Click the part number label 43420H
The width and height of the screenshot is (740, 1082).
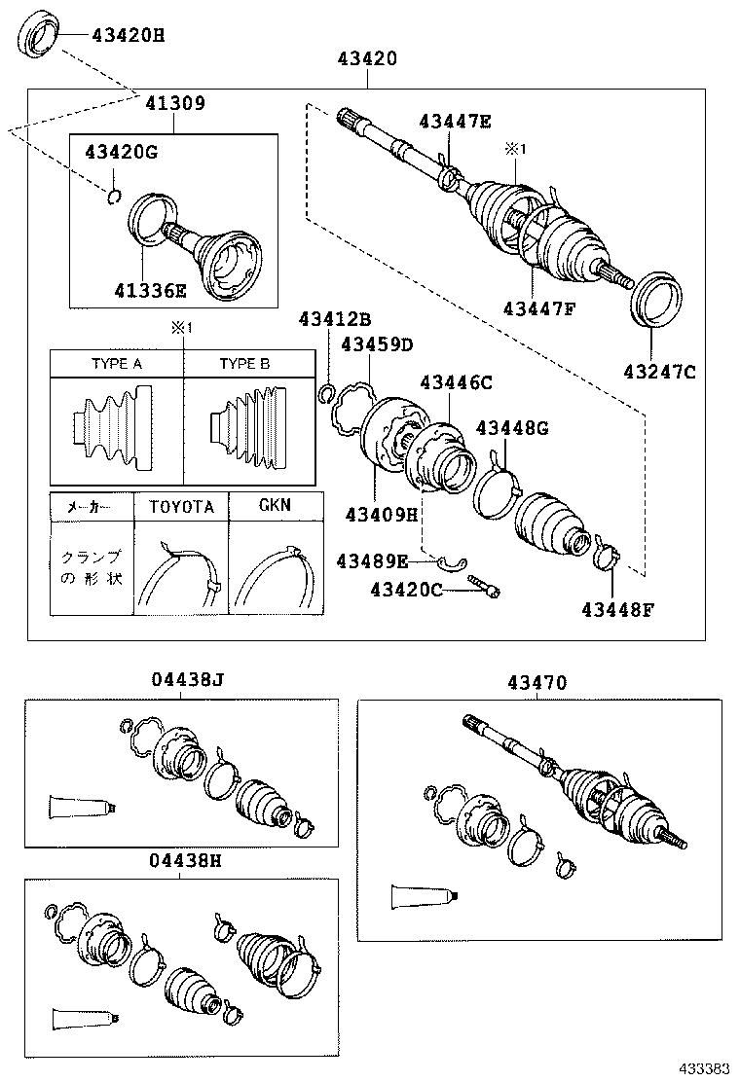(128, 37)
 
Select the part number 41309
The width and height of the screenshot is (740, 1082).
(175, 102)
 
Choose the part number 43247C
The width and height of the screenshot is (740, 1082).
(660, 370)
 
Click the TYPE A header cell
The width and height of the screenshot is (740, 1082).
(117, 364)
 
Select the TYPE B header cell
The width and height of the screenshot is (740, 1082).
(244, 364)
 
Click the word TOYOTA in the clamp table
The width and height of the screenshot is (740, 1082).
(180, 507)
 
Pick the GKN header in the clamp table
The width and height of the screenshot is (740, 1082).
(274, 506)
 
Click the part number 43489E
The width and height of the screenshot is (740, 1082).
(373, 560)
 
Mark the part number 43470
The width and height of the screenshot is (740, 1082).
(536, 684)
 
